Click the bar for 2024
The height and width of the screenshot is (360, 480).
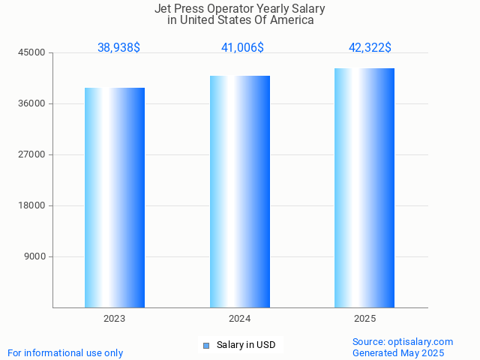coord(240,191)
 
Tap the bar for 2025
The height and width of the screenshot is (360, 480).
coord(364,187)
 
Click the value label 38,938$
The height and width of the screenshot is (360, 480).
coord(118,47)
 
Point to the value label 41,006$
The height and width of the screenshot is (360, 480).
coord(242,47)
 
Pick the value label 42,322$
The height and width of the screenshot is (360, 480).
coord(370,47)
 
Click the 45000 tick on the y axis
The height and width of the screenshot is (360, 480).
coord(33,52)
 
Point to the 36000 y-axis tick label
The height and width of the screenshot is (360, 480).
coord(33,103)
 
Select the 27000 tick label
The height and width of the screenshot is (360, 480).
coord(33,154)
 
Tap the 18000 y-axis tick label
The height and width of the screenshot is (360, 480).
coord(33,205)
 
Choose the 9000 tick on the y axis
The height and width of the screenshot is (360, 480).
coord(35,256)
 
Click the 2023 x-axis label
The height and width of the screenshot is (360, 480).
coord(115,319)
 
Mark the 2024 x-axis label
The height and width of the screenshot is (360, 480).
coord(240,319)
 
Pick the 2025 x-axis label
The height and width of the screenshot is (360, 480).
coord(365,319)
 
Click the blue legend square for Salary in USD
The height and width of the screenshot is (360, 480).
coord(206,345)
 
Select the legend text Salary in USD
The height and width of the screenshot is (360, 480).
coord(246,345)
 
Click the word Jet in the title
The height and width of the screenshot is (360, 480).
coord(163,9)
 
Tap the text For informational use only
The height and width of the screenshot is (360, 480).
coord(65,352)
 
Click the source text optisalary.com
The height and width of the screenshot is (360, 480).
coord(420,341)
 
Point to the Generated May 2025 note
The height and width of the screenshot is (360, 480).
coord(398,352)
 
